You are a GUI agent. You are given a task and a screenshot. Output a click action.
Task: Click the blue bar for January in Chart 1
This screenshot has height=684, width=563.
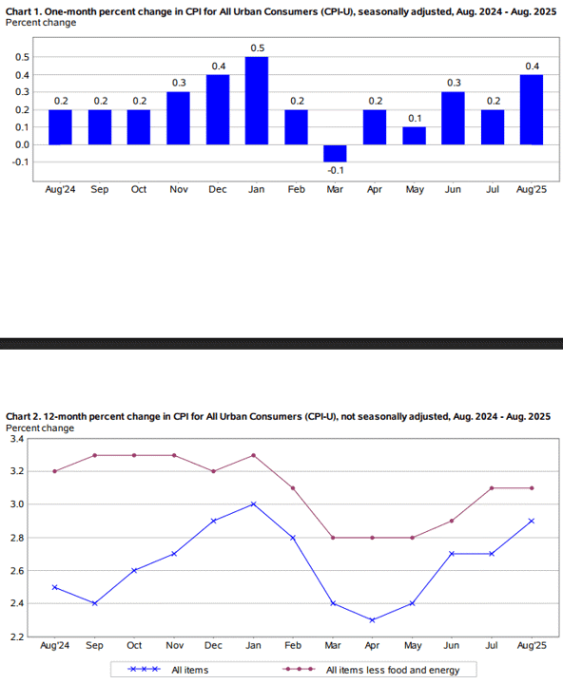tap(257, 101)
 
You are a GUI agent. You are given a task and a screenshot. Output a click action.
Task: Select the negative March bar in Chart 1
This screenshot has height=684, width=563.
tap(335, 154)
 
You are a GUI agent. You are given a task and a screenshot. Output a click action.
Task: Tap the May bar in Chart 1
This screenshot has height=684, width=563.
tap(414, 136)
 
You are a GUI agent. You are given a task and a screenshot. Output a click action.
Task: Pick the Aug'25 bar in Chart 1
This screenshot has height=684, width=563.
tap(532, 109)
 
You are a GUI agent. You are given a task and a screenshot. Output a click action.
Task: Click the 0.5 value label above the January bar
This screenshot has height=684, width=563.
tap(258, 48)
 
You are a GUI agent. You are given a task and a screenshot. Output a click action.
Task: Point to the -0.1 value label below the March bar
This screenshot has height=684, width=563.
tap(336, 170)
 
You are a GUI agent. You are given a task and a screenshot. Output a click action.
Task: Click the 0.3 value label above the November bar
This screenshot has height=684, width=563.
tap(179, 83)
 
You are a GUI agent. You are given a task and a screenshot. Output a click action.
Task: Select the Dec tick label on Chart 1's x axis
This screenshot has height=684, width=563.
tap(218, 189)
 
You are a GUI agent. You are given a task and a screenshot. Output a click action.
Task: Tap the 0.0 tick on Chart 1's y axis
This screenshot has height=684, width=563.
tap(22, 144)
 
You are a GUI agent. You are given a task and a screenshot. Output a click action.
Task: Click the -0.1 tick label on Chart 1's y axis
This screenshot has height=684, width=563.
tap(21, 161)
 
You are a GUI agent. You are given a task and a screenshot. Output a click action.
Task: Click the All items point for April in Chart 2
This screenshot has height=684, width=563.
tap(372, 619)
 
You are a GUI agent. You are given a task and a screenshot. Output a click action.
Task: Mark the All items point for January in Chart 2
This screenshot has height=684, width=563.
tap(253, 504)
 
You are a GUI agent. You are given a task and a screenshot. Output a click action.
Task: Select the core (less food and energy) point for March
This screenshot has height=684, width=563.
tap(333, 538)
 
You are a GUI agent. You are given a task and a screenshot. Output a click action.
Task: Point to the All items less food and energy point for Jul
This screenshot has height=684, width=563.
tap(492, 488)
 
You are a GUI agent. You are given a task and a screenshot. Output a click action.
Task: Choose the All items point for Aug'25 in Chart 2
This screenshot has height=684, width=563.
tap(532, 521)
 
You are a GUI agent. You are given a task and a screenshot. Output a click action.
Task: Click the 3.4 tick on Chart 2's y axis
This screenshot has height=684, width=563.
tap(16, 439)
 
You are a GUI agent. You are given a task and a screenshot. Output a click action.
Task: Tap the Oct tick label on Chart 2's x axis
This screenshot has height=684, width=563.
tap(134, 645)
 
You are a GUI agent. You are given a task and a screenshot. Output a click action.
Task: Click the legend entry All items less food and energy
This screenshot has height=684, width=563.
tap(371, 670)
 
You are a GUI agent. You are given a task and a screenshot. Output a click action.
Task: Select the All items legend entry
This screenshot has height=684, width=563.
tap(167, 670)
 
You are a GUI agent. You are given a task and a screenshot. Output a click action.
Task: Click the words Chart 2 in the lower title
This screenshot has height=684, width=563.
tap(22, 417)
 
